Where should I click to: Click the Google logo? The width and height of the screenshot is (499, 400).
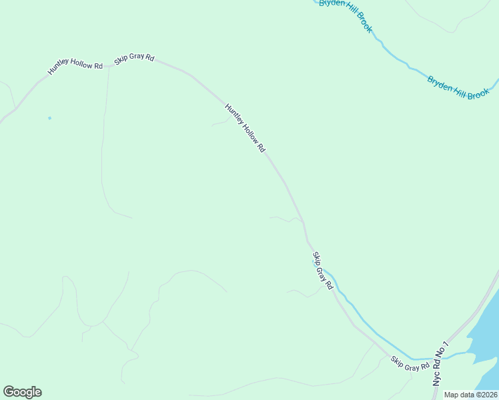[x=22, y=392]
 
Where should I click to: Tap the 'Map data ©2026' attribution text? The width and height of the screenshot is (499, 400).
[x=471, y=395]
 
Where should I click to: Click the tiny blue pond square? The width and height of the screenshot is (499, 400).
[x=49, y=118]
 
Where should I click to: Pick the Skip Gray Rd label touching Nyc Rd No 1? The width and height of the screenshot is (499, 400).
[x=410, y=364]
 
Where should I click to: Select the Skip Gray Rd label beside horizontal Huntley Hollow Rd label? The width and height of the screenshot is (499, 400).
[x=134, y=58]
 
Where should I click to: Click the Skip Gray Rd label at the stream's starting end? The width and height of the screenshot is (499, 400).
[x=322, y=271]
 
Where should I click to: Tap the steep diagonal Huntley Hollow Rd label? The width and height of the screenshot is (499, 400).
[x=245, y=129]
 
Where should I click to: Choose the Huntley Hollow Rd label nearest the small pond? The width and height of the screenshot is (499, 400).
[x=75, y=68]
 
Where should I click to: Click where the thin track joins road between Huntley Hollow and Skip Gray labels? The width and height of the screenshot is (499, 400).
[x=108, y=66]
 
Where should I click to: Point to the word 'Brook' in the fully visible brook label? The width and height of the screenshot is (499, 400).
[x=478, y=94]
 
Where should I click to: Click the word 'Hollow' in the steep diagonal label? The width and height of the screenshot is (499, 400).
[x=245, y=129]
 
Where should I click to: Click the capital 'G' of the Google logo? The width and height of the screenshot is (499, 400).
[x=9, y=391]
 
